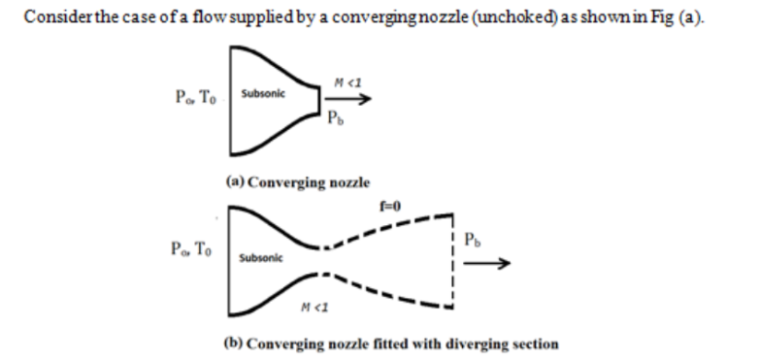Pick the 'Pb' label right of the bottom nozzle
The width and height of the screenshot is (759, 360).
coord(473,239)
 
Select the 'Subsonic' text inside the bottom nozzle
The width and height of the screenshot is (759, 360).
coord(259,258)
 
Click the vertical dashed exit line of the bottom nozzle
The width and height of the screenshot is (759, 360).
coord(451,261)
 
